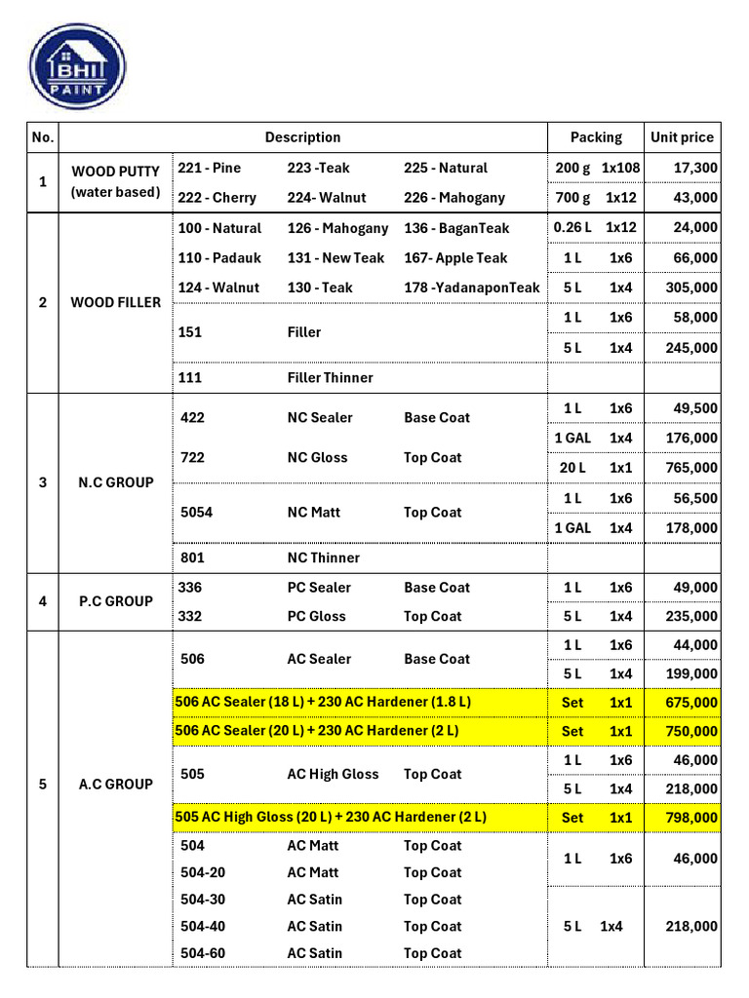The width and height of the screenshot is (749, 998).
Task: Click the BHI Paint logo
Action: point(77,65)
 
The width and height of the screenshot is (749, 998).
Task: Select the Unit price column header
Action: point(682,137)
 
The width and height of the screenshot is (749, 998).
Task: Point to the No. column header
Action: point(43,137)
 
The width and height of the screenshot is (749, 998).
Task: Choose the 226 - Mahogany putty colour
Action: point(454,198)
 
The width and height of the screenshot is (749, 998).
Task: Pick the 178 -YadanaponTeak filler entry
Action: point(471,288)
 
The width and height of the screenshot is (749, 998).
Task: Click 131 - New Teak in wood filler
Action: point(335,258)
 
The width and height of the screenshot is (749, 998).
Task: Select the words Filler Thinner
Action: point(330,377)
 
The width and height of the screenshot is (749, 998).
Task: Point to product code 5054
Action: point(197,513)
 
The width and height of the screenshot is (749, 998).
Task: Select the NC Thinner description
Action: point(323,558)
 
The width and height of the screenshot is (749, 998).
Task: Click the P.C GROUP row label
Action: point(115,601)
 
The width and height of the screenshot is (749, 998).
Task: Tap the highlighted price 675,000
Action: point(690,703)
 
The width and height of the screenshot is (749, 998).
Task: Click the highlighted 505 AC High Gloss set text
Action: point(331,817)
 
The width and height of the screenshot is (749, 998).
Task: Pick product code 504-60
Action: point(203,953)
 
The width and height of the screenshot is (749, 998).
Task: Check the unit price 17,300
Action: point(695,168)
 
